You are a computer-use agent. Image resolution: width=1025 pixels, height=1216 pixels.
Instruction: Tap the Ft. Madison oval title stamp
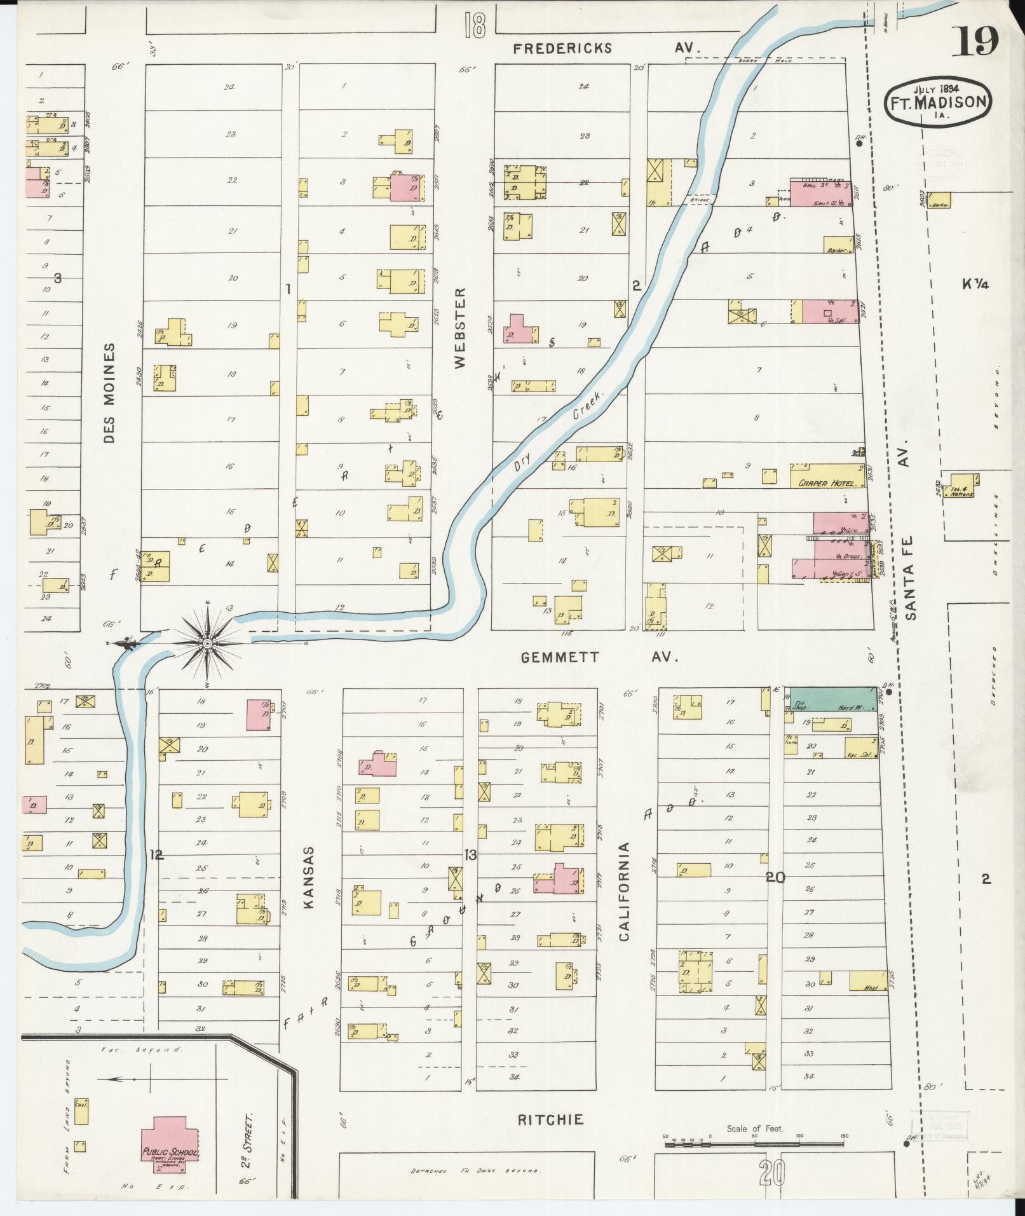pyautogui.click(x=938, y=102)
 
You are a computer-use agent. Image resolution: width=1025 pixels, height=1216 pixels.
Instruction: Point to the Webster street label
pyautogui.click(x=460, y=327)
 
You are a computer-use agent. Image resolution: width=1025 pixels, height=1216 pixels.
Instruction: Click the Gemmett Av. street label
pyautogui.click(x=599, y=657)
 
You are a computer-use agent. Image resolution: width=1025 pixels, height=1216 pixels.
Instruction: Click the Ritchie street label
pyautogui.click(x=550, y=1119)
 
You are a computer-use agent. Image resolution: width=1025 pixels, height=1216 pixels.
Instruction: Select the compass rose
pyautogui.click(x=207, y=643)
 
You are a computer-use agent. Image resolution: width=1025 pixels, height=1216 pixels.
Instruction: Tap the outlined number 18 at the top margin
pyautogui.click(x=475, y=26)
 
